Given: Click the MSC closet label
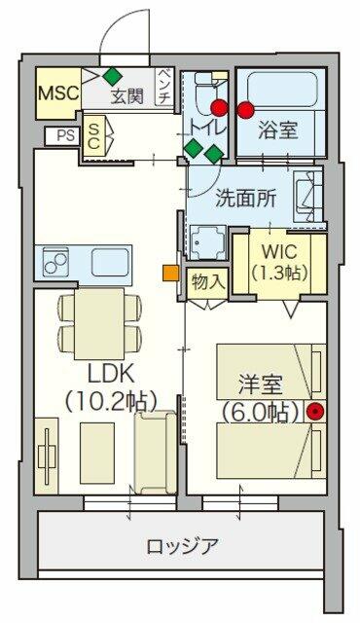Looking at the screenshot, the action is pos(58,93).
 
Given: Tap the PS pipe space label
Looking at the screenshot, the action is pos(66,135).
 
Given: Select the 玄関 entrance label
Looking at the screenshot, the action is pos(127,96).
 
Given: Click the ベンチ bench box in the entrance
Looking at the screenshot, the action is pos(164,87).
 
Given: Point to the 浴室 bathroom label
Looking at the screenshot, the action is pos(278,129).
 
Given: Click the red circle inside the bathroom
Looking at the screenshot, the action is pos(245,110).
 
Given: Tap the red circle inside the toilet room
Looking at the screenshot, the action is pos(220,107).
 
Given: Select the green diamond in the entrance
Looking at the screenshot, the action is pos(112,76).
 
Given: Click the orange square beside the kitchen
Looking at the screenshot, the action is pos(170,274).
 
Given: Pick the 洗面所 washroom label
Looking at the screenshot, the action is pos(246,199).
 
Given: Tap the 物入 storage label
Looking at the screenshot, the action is pos(207,282).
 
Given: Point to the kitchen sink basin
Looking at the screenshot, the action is pos(110,262).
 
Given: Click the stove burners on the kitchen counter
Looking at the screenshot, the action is pos(55,262).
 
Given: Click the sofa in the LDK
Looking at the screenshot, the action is pos(155,452).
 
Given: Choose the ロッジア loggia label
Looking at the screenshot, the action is pos(182,546).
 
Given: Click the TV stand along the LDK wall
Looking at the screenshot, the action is pos(47,456).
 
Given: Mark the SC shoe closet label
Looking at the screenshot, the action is pos(93,135).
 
